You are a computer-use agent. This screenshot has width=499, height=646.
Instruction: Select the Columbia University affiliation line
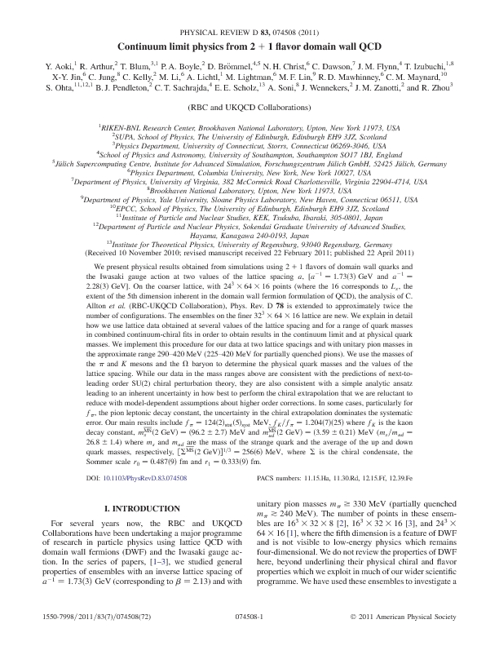click(249, 173)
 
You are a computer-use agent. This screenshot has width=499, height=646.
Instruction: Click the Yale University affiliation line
click(249, 198)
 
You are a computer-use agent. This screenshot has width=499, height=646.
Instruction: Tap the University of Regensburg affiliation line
click(249, 242)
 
